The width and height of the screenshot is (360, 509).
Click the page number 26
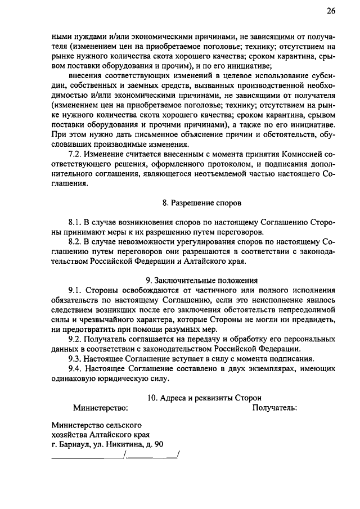[330, 11]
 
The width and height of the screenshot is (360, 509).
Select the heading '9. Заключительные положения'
[201, 279]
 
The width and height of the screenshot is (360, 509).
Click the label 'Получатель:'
[274, 407]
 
